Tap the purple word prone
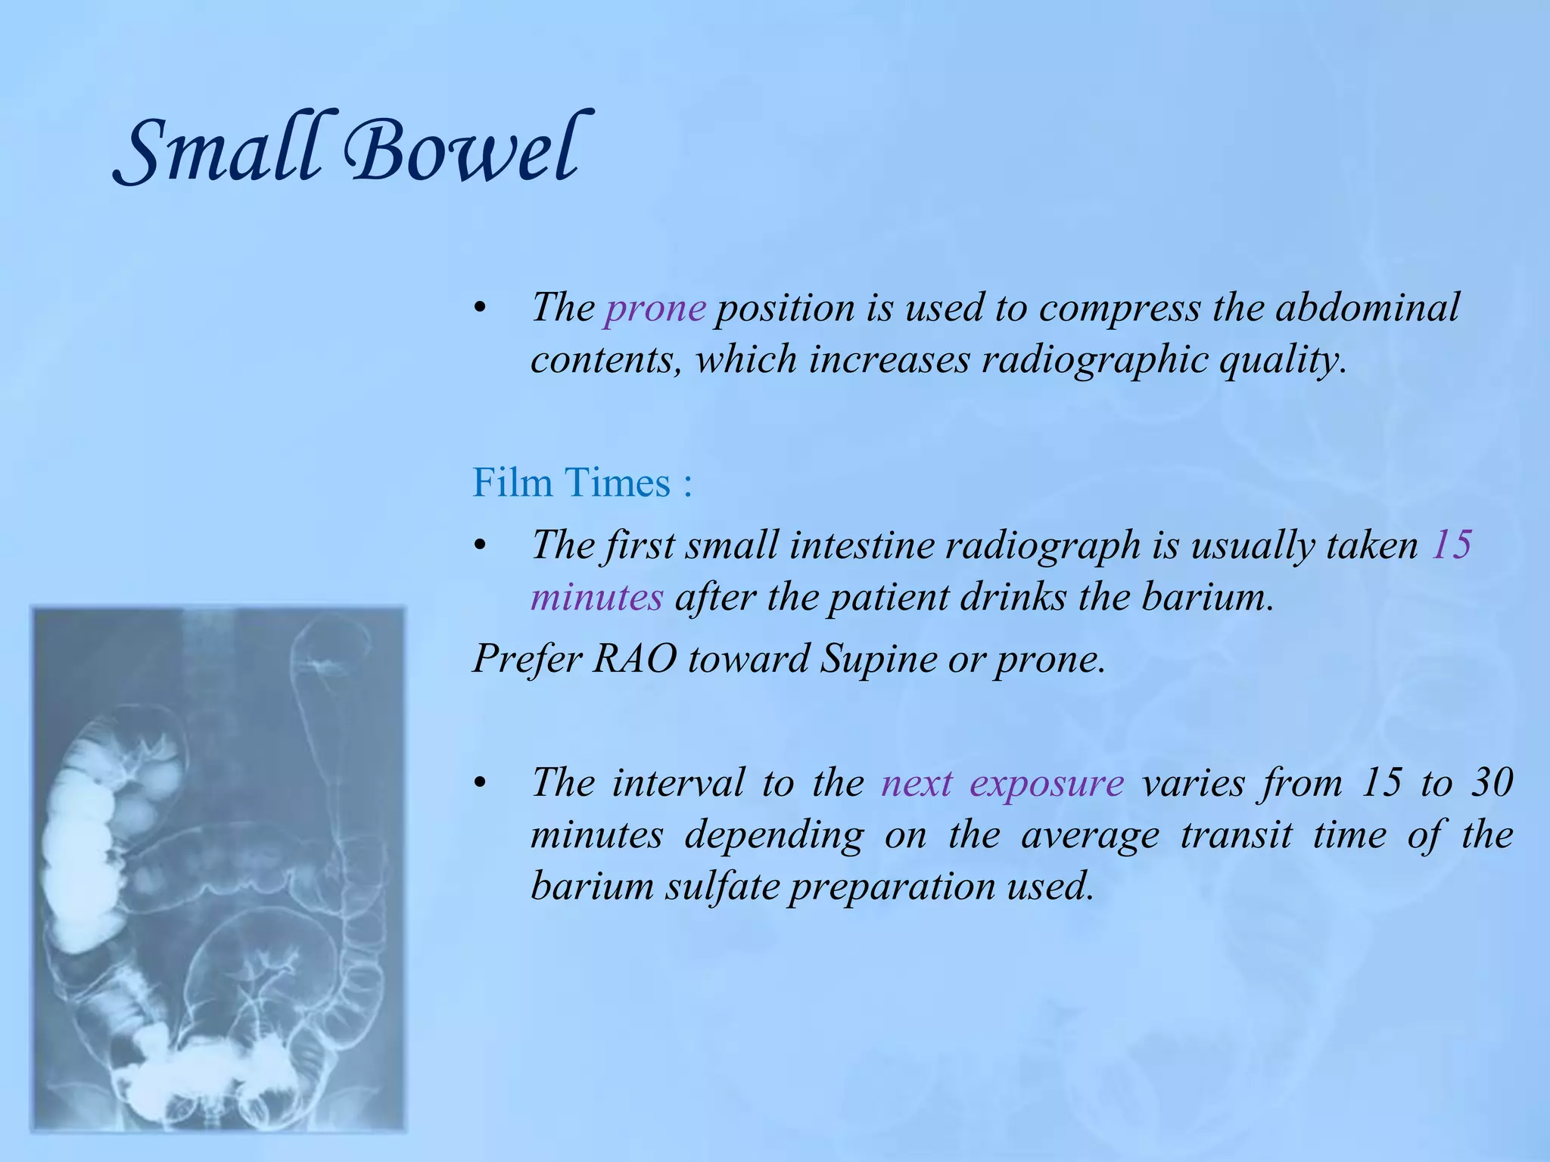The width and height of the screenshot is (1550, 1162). pos(655,308)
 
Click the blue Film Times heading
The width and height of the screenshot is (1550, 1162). pos(581,483)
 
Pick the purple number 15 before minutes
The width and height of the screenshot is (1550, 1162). pos(1451,545)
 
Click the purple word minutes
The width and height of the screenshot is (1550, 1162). pos(596,597)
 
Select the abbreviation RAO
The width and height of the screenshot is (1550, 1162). pos(634,658)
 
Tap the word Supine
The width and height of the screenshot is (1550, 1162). pos(879,658)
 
